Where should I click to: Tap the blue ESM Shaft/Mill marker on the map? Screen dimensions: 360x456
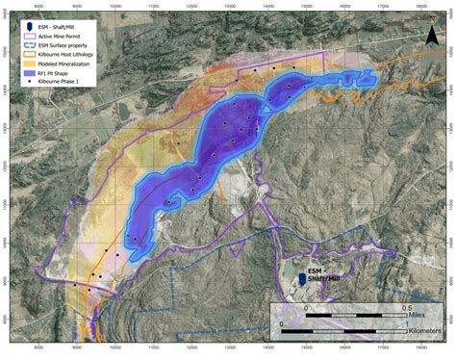click(302, 277)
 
